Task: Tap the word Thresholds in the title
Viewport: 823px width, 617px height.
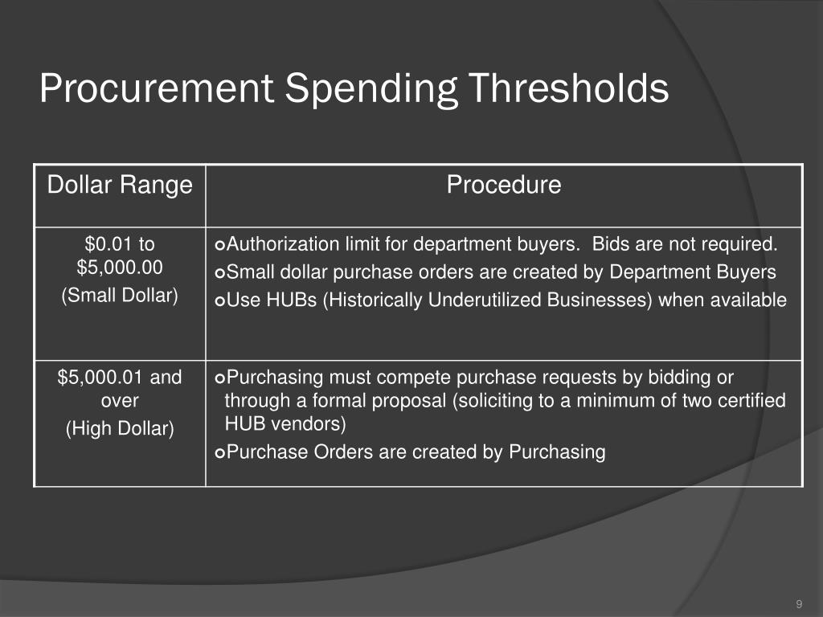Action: (569, 88)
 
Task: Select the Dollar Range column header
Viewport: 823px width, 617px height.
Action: (120, 186)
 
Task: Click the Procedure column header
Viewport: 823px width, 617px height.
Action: (504, 186)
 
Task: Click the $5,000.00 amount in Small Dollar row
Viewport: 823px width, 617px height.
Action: (120, 266)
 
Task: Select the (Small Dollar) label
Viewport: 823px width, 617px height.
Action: (120, 296)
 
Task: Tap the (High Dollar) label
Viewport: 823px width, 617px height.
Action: (120, 429)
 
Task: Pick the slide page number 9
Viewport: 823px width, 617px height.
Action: (799, 604)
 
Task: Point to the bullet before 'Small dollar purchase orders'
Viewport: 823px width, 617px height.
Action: (220, 273)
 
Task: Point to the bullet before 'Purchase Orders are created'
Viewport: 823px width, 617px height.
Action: (220, 453)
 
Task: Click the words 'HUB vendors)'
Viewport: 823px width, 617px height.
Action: (285, 423)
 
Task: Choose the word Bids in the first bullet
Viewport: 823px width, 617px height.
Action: (612, 244)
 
